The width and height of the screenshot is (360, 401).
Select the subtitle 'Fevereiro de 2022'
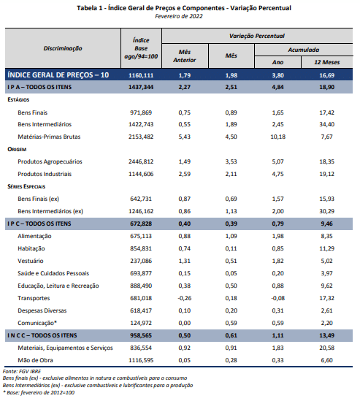coord(179,16)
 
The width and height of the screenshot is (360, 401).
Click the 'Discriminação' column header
coord(63,48)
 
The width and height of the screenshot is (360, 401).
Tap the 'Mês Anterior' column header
coord(185,56)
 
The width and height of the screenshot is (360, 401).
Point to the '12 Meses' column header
coord(326,62)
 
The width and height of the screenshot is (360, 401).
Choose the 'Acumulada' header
coord(304,50)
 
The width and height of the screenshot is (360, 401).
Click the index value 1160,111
coord(141,75)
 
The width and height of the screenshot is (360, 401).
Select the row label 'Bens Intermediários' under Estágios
coord(45,125)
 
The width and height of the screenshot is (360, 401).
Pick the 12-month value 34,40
coord(326,125)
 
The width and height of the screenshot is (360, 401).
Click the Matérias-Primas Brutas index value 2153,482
coord(141,137)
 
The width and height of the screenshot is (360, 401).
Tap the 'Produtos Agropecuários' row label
coord(50,162)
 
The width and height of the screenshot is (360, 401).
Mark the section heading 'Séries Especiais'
coord(26,187)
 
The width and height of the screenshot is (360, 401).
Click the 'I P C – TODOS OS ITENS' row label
coord(39,224)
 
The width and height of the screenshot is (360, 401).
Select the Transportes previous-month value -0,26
coord(184,299)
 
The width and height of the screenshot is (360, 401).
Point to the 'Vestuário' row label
coord(31,261)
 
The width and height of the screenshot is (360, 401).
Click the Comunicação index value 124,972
coord(141,324)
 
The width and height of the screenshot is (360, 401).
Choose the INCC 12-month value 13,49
coord(326,335)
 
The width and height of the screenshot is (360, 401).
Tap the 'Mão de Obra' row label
coord(35,361)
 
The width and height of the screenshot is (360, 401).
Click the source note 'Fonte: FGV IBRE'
coord(22,372)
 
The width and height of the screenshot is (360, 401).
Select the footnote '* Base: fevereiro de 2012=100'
coord(39,393)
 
